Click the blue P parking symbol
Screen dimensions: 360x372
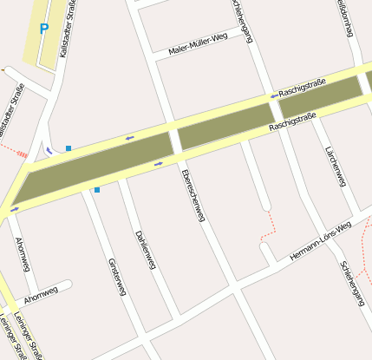click(44, 28)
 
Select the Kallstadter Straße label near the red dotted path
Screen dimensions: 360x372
click(10, 110)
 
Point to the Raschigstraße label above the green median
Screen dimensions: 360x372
click(302, 88)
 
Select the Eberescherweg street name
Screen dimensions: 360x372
click(193, 194)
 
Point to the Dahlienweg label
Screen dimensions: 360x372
click(145, 250)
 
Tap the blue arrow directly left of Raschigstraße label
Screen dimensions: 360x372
click(274, 95)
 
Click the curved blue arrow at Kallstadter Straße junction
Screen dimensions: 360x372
click(49, 150)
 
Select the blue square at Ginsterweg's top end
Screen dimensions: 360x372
click(97, 188)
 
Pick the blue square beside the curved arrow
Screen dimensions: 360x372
click(69, 148)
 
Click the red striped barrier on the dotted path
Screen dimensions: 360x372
click(23, 154)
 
